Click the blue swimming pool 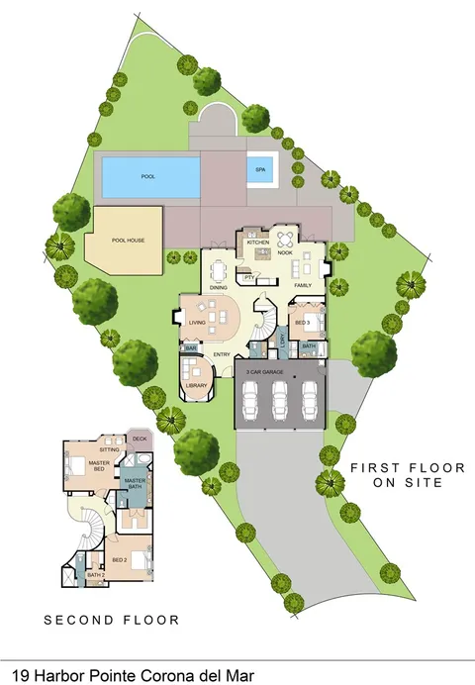point(148,176)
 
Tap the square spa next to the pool point(260,169)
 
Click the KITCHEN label point(257,242)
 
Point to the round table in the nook point(285,239)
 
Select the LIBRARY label point(196,384)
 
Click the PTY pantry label point(249,278)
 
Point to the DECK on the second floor point(139,440)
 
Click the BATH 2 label point(96,574)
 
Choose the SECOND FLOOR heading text point(112,621)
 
